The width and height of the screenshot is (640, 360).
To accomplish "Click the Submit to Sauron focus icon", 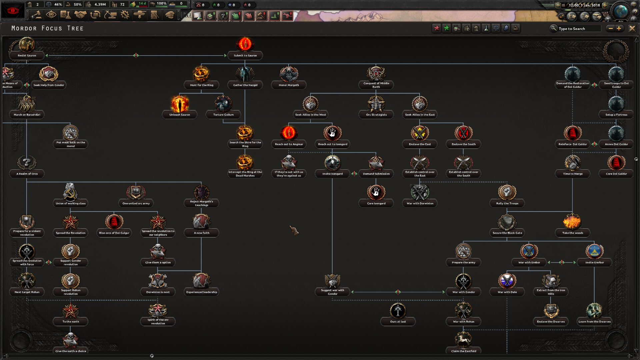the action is (245, 44).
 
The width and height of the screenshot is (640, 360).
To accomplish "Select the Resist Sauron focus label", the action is (27, 56).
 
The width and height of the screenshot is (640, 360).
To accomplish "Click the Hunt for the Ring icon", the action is (201, 74).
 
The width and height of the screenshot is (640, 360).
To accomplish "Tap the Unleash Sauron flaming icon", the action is (180, 104).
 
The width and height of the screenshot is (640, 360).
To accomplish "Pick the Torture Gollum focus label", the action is (223, 115).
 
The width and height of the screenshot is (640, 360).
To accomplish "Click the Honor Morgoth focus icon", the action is (289, 74).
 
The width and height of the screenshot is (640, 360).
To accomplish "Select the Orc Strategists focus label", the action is (376, 115).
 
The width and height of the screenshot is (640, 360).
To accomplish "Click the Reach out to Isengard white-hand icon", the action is (332, 133).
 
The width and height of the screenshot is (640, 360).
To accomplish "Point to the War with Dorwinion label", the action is (420, 203).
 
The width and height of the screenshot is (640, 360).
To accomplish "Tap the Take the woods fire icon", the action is (572, 222).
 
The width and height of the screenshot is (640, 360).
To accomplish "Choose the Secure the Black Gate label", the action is (507, 233).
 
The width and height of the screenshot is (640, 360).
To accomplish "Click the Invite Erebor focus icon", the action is (594, 251).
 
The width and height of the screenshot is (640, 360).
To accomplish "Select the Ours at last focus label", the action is (398, 322).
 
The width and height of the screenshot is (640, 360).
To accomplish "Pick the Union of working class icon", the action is (70, 192).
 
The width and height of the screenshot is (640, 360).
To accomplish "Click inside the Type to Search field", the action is (579, 29).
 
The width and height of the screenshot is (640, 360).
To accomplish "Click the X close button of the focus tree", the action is (632, 29).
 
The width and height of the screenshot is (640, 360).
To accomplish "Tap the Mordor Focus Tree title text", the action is (47, 28).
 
